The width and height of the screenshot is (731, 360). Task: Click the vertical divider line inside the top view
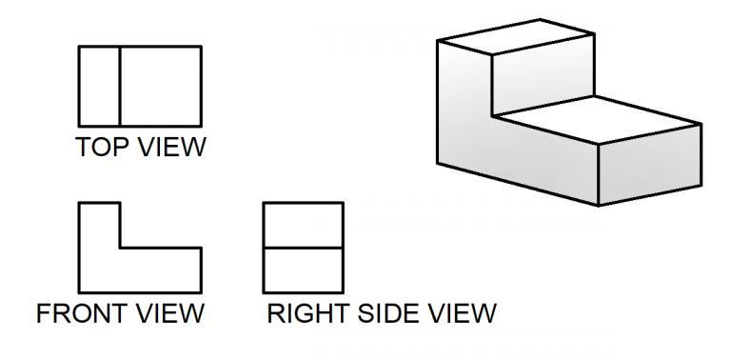click(119, 86)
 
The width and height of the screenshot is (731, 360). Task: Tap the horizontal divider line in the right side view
click(303, 248)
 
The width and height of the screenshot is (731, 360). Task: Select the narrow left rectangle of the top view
click(99, 86)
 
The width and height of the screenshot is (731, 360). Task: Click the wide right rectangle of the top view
click(160, 86)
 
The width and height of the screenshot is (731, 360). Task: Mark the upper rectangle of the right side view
click(303, 226)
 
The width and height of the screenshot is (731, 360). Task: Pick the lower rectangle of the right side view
click(303, 270)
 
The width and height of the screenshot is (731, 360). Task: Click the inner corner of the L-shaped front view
click(120, 248)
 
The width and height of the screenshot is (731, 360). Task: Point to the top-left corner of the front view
click(79, 203)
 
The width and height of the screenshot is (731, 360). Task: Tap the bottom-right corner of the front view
click(201, 291)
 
